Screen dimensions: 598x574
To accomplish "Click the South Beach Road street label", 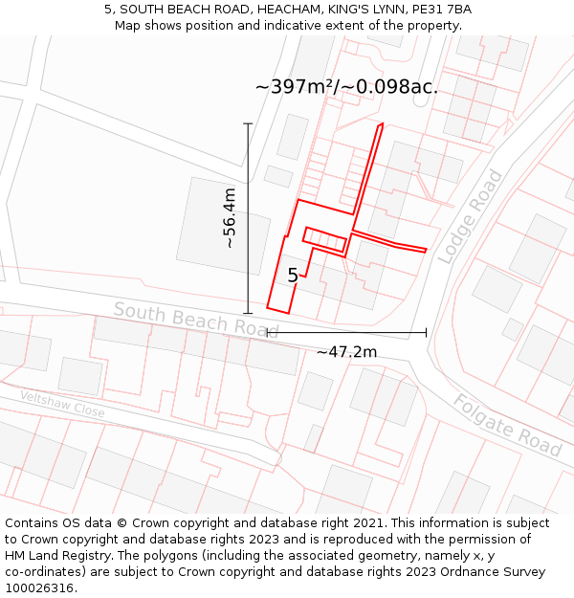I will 195,320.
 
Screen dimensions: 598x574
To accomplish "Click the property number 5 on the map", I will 293,276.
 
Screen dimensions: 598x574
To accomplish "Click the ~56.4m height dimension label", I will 230,218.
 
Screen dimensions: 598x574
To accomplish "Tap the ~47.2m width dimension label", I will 346,351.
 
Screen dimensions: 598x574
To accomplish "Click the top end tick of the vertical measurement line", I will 248,123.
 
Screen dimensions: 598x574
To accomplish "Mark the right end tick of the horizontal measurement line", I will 426,333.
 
